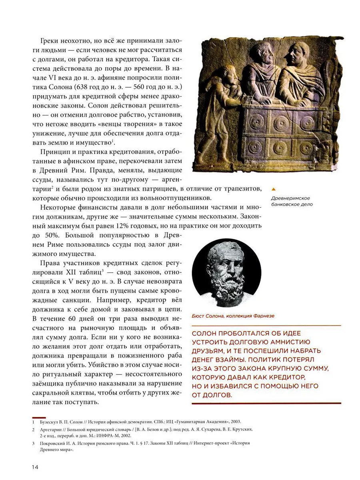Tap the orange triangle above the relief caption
coord(273,190)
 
